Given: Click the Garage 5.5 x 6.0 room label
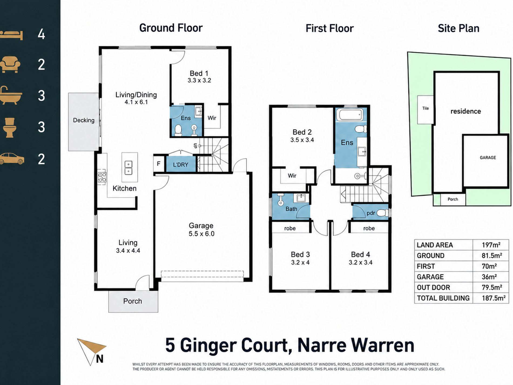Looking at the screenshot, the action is (201, 230).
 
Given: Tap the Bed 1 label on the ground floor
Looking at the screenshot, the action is (199, 73).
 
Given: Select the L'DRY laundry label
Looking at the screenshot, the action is (181, 165).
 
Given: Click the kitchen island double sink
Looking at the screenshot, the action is (129, 168).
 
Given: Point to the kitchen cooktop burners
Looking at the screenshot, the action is (102, 178).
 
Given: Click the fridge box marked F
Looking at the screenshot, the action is (159, 164).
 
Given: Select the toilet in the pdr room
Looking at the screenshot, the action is (383, 213).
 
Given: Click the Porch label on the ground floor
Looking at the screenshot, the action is (133, 301).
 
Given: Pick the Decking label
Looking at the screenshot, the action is (84, 120).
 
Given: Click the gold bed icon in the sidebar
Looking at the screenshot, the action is (11, 35).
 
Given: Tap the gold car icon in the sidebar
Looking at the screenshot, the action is (12, 159).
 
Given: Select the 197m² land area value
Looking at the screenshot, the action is (491, 245).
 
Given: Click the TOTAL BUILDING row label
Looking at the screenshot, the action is (443, 298).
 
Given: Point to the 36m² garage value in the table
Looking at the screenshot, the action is (489, 277).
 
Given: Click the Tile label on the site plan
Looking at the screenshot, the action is (426, 108).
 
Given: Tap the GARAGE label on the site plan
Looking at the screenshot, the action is (488, 158).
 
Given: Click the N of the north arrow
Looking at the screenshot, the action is (100, 359).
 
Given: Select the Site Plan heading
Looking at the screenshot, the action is (458, 28).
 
